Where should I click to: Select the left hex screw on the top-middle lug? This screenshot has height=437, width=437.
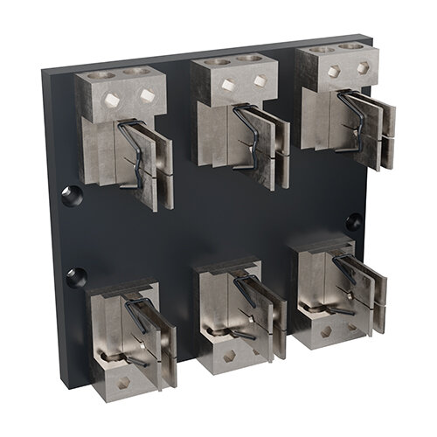coord(227,85)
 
